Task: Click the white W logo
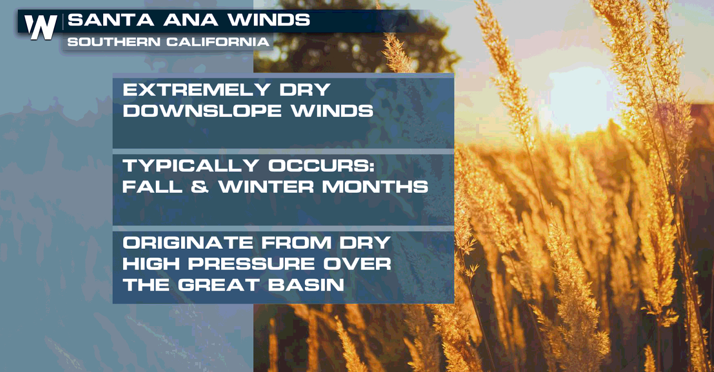(41, 27)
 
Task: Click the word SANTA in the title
(111, 20)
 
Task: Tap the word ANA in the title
(191, 20)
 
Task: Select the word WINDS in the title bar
(269, 20)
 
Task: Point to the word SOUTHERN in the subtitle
(114, 42)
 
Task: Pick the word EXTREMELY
(197, 90)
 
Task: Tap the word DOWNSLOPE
(202, 111)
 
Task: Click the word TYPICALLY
(191, 165)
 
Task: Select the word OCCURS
(321, 165)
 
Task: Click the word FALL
(152, 187)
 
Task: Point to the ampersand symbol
(200, 187)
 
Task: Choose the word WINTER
(266, 187)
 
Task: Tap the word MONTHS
(375, 187)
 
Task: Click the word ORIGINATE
(188, 243)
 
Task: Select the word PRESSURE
(251, 264)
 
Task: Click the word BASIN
(306, 285)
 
